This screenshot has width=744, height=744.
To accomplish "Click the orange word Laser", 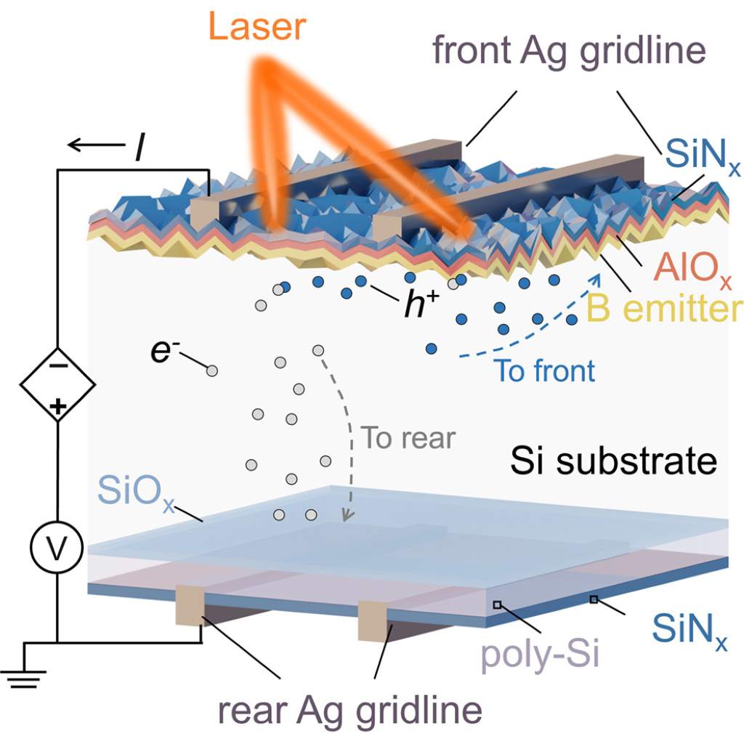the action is tap(256, 27).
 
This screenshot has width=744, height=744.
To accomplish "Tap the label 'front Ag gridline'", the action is tap(569, 52).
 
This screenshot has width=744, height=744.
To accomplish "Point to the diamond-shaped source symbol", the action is tap(57, 384).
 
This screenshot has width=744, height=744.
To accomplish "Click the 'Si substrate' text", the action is tap(613, 461).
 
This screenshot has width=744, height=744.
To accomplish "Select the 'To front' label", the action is tap(544, 371).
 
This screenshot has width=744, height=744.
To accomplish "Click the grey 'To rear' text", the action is tap(408, 437).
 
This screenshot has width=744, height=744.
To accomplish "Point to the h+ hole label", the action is tap(422, 304).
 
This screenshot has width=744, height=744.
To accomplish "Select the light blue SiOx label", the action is tap(137, 492).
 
